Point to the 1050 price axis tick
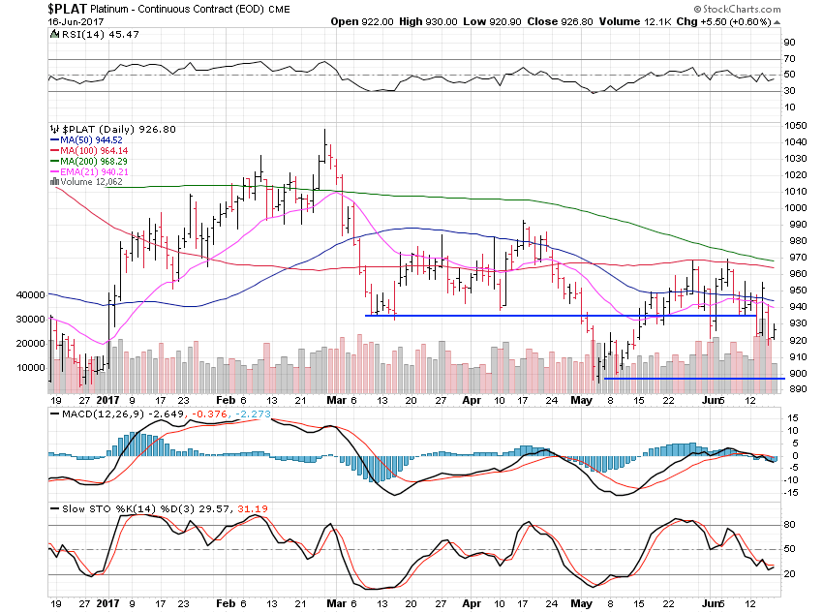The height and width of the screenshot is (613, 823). point(797,125)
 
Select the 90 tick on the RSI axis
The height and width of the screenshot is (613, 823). point(790,43)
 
